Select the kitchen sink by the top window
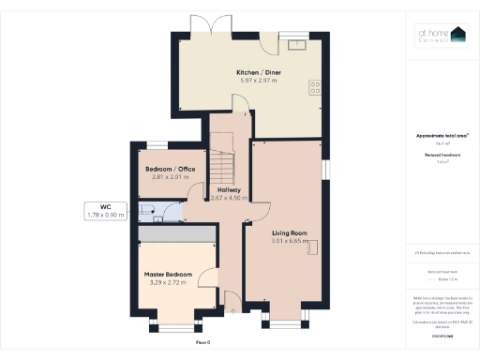pyautogui.click(x=299, y=42)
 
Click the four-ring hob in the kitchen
pyautogui.click(x=314, y=86)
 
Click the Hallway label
pyautogui.click(x=230, y=189)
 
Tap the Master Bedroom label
pyautogui.click(x=168, y=274)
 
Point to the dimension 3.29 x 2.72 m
pyautogui.click(x=168, y=283)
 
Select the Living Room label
pyautogui.click(x=290, y=232)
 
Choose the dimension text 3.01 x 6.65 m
pyautogui.click(x=290, y=242)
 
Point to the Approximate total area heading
pyautogui.click(x=442, y=135)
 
